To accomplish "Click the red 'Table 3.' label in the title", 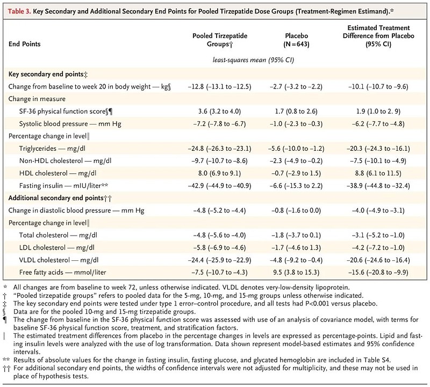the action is [x=19, y=11].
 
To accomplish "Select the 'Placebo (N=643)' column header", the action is [x=296, y=40].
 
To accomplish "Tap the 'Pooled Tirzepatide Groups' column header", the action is [x=220, y=40].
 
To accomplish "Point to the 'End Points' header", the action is [x=24, y=44].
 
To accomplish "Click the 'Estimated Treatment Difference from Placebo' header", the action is [x=378, y=36].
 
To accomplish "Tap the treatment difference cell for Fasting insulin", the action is [x=378, y=186].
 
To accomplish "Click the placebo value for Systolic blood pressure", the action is [x=296, y=124].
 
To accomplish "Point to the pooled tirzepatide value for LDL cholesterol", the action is [x=219, y=247].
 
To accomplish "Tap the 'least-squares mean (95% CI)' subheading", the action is [x=253, y=60].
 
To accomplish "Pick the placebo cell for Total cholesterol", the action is [x=296, y=235].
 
